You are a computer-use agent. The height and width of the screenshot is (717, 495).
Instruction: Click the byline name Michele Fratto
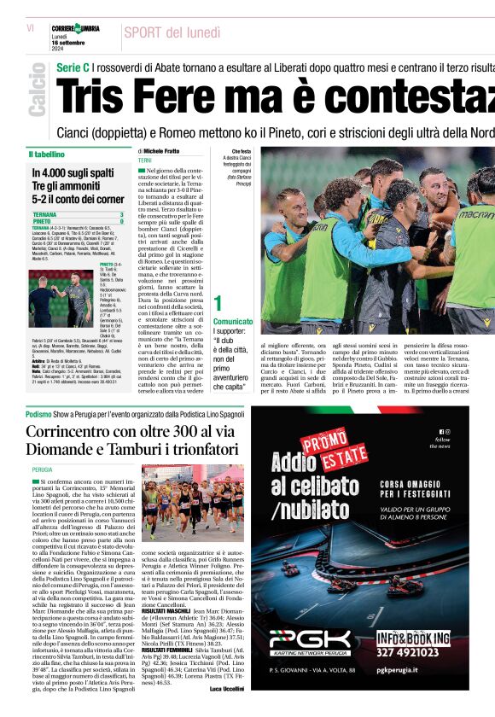click(x=161, y=150)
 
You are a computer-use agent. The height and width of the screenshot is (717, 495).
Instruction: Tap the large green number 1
click(x=218, y=303)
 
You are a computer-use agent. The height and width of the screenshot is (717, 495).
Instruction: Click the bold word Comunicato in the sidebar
click(x=233, y=322)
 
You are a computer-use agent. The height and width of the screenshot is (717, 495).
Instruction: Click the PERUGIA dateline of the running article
click(x=42, y=469)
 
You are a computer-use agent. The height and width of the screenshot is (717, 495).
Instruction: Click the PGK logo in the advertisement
click(x=310, y=639)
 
